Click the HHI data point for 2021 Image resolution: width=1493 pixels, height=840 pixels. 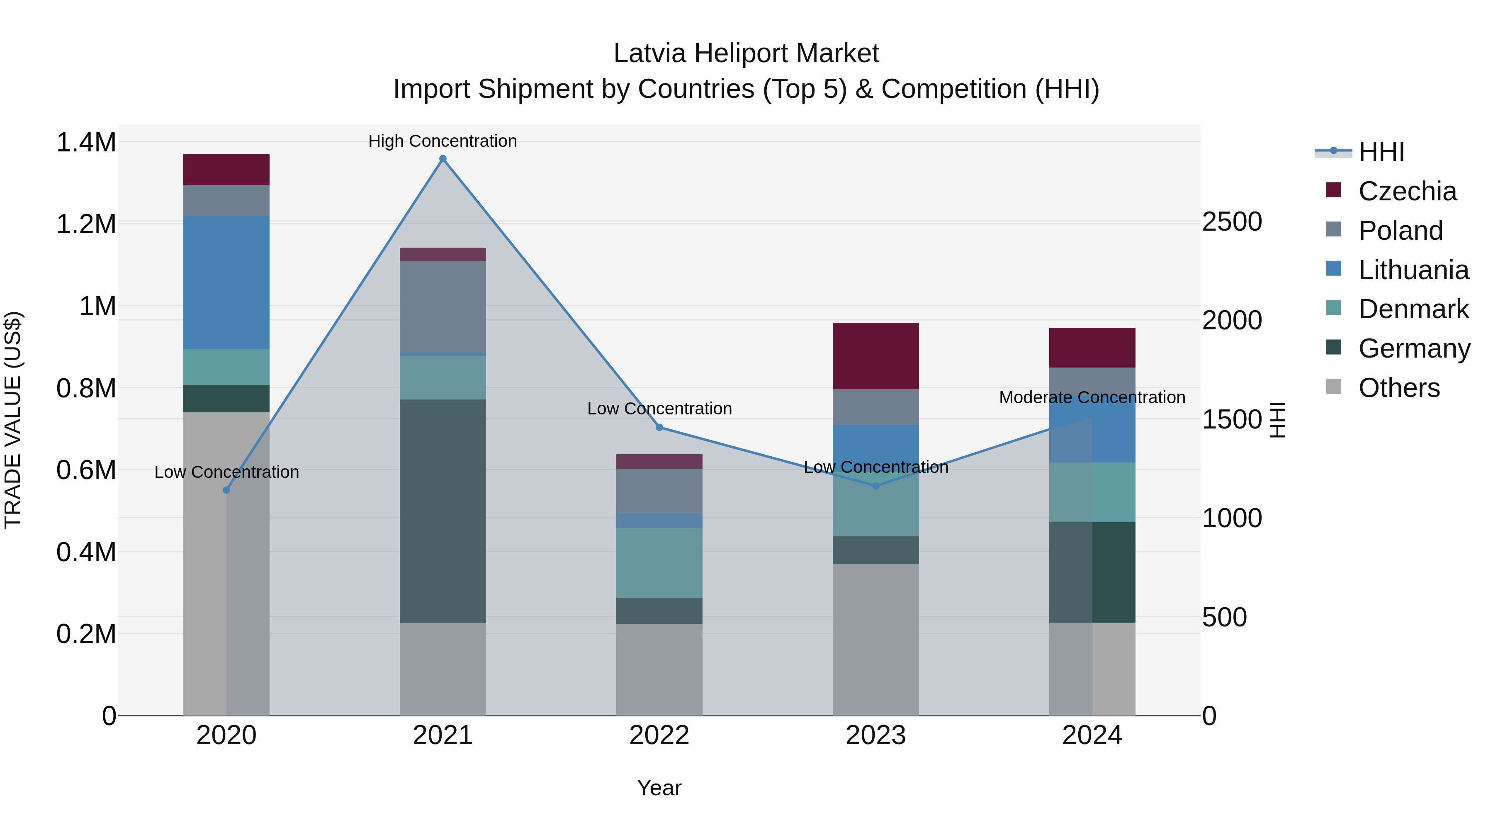point(443,159)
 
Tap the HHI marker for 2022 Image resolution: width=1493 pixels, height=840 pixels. point(659,427)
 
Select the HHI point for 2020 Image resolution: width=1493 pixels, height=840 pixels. point(226,490)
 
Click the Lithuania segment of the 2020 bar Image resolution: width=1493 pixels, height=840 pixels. point(226,282)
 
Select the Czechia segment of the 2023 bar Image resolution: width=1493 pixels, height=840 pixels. point(876,355)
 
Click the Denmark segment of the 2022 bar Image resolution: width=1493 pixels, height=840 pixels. point(659,562)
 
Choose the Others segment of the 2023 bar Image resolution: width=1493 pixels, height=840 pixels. point(876,639)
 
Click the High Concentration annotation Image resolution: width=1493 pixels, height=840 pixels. point(443,141)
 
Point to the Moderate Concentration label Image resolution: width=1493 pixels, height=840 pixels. point(1092,398)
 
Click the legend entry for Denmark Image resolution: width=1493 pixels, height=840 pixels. point(1413,309)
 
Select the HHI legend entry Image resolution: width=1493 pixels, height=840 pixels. point(1381,152)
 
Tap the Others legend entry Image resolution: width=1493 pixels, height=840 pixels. point(1398,388)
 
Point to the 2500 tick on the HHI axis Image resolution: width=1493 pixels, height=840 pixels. point(1232,222)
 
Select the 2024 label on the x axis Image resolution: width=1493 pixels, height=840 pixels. point(1092,735)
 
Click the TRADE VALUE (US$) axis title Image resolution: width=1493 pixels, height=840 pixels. point(13,420)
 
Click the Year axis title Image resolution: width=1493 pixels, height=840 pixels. point(659,788)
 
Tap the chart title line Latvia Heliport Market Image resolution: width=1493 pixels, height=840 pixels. point(746,54)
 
